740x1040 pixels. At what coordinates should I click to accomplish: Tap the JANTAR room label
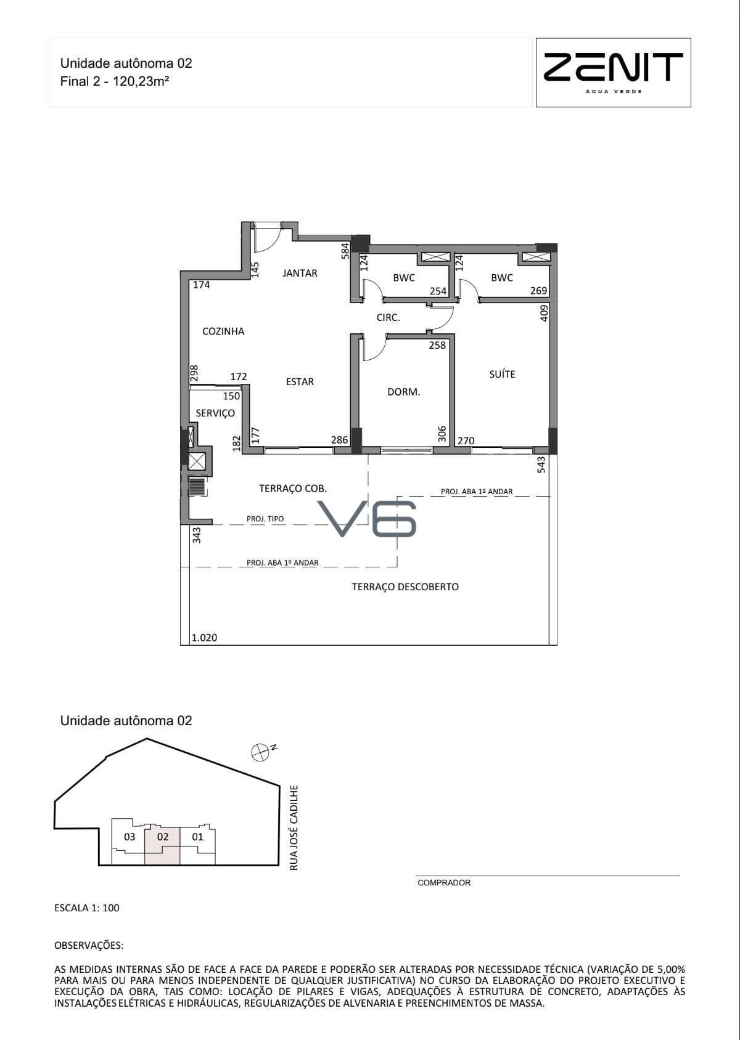[x=300, y=273]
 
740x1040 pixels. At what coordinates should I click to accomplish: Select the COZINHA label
[x=223, y=331]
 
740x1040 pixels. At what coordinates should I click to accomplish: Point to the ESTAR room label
[x=300, y=381]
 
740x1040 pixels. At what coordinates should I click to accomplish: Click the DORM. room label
[x=403, y=392]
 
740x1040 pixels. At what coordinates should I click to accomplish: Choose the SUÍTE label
[x=502, y=374]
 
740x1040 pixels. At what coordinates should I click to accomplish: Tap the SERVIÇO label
[x=215, y=413]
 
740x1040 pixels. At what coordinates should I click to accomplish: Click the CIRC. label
[x=388, y=317]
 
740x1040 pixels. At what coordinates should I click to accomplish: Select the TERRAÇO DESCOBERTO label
[x=405, y=587]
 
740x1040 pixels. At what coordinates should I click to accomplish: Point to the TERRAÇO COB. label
[x=293, y=489]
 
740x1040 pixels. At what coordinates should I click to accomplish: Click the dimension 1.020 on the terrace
[x=205, y=638]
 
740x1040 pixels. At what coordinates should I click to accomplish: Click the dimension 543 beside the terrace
[x=541, y=465]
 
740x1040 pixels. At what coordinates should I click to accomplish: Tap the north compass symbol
[x=260, y=753]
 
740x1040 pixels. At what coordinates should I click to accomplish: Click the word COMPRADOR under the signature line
[x=444, y=883]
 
